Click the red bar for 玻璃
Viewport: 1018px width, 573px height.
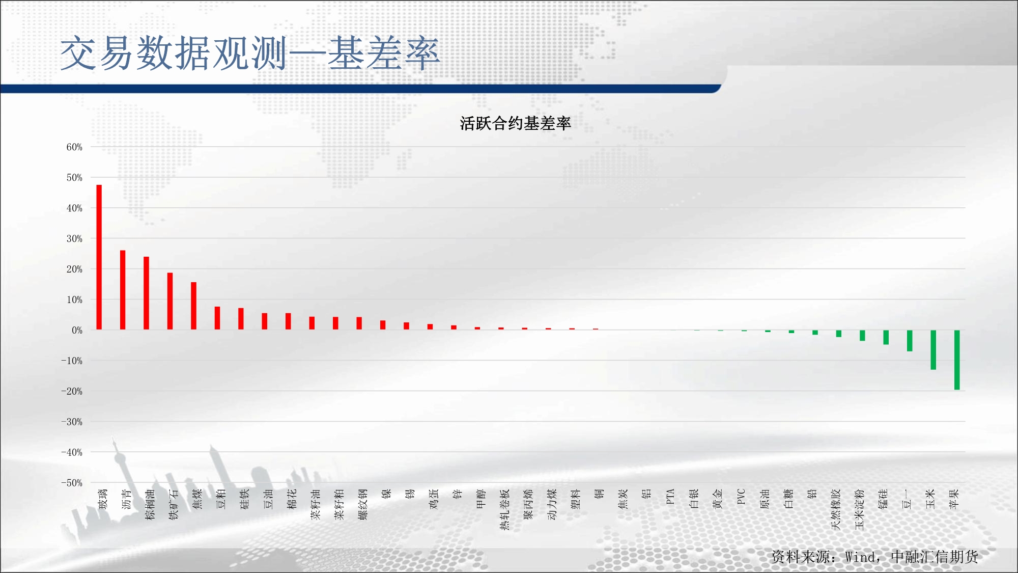click(99, 257)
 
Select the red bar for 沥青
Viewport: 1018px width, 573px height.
click(123, 290)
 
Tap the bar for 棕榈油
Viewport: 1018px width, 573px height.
click(146, 293)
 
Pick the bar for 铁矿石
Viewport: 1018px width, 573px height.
click(170, 301)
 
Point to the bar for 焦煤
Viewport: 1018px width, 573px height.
click(193, 306)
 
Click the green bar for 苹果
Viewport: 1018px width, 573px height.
click(957, 360)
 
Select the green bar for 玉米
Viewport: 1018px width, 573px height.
click(934, 350)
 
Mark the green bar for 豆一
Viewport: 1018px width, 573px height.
click(910, 341)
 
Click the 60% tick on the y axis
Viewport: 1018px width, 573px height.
click(74, 147)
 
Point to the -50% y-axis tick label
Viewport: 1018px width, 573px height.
click(72, 483)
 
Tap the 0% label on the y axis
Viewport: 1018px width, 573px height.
click(77, 330)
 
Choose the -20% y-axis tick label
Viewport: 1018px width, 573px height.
click(72, 391)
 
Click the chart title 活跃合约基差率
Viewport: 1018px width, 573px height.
click(515, 123)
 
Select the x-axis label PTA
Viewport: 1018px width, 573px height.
click(670, 497)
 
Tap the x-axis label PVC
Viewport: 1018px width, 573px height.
click(741, 497)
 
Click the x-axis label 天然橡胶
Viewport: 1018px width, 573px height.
click(835, 509)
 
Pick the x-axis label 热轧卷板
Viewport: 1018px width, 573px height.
click(504, 509)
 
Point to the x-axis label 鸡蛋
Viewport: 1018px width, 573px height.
click(434, 499)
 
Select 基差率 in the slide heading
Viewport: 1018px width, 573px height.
click(383, 53)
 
